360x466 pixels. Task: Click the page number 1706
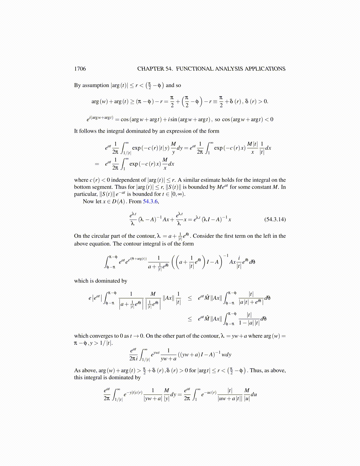point(80,69)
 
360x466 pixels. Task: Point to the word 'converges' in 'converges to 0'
point(101,336)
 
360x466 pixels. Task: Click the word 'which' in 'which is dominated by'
point(81,281)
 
